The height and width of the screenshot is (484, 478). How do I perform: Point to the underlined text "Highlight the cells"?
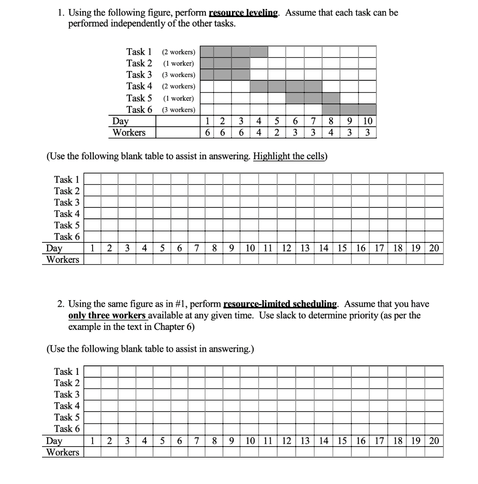[x=289, y=156]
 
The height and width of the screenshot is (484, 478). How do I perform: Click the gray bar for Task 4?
[x=286, y=86]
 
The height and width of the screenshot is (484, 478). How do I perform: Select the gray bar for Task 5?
[x=313, y=98]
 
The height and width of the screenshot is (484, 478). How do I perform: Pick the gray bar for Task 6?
[x=358, y=110]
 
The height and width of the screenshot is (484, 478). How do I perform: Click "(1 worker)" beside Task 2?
[x=178, y=63]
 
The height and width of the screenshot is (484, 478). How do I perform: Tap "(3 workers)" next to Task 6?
[x=178, y=110]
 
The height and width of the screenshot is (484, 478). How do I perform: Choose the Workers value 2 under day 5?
[x=276, y=132]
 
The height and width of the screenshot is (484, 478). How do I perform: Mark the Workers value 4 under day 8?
[x=331, y=132]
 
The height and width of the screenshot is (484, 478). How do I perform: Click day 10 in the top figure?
[x=367, y=121]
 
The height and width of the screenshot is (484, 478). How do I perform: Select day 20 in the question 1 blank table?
[x=434, y=248]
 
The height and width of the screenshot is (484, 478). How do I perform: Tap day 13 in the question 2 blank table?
[x=305, y=441]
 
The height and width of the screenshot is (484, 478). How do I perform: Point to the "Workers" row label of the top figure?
[x=128, y=132]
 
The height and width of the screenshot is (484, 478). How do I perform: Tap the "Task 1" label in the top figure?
[x=139, y=52]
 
